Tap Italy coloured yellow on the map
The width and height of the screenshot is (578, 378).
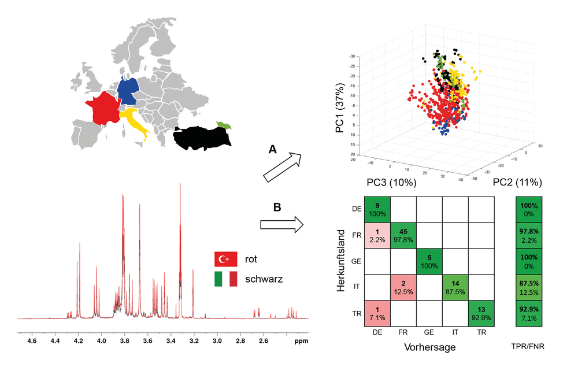134,122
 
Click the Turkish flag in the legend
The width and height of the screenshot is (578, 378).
225,259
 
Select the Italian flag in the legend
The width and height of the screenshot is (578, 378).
225,279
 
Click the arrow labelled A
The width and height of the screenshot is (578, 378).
283,168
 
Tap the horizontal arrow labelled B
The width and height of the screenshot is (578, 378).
282,224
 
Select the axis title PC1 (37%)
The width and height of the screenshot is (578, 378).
340,108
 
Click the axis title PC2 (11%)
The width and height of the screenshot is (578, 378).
517,182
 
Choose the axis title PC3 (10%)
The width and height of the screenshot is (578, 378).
391,182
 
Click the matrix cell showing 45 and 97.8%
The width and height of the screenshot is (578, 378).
403,236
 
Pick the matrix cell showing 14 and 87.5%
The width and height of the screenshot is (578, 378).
455,288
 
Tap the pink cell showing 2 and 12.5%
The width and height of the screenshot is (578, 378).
403,288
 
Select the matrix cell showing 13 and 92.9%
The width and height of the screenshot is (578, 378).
481,313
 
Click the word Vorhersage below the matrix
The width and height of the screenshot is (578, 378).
430,347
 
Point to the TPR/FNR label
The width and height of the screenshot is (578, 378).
528,346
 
